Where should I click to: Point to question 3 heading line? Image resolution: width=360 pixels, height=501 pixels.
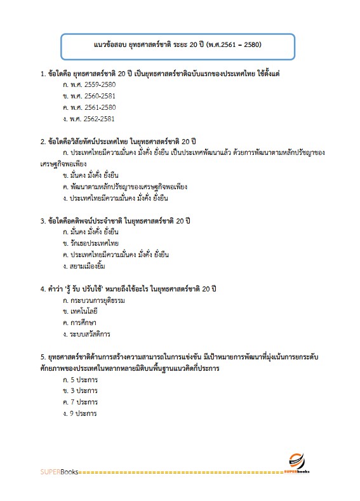(x=114, y=220)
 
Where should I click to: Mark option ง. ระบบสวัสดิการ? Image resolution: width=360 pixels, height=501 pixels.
(x=88, y=334)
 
